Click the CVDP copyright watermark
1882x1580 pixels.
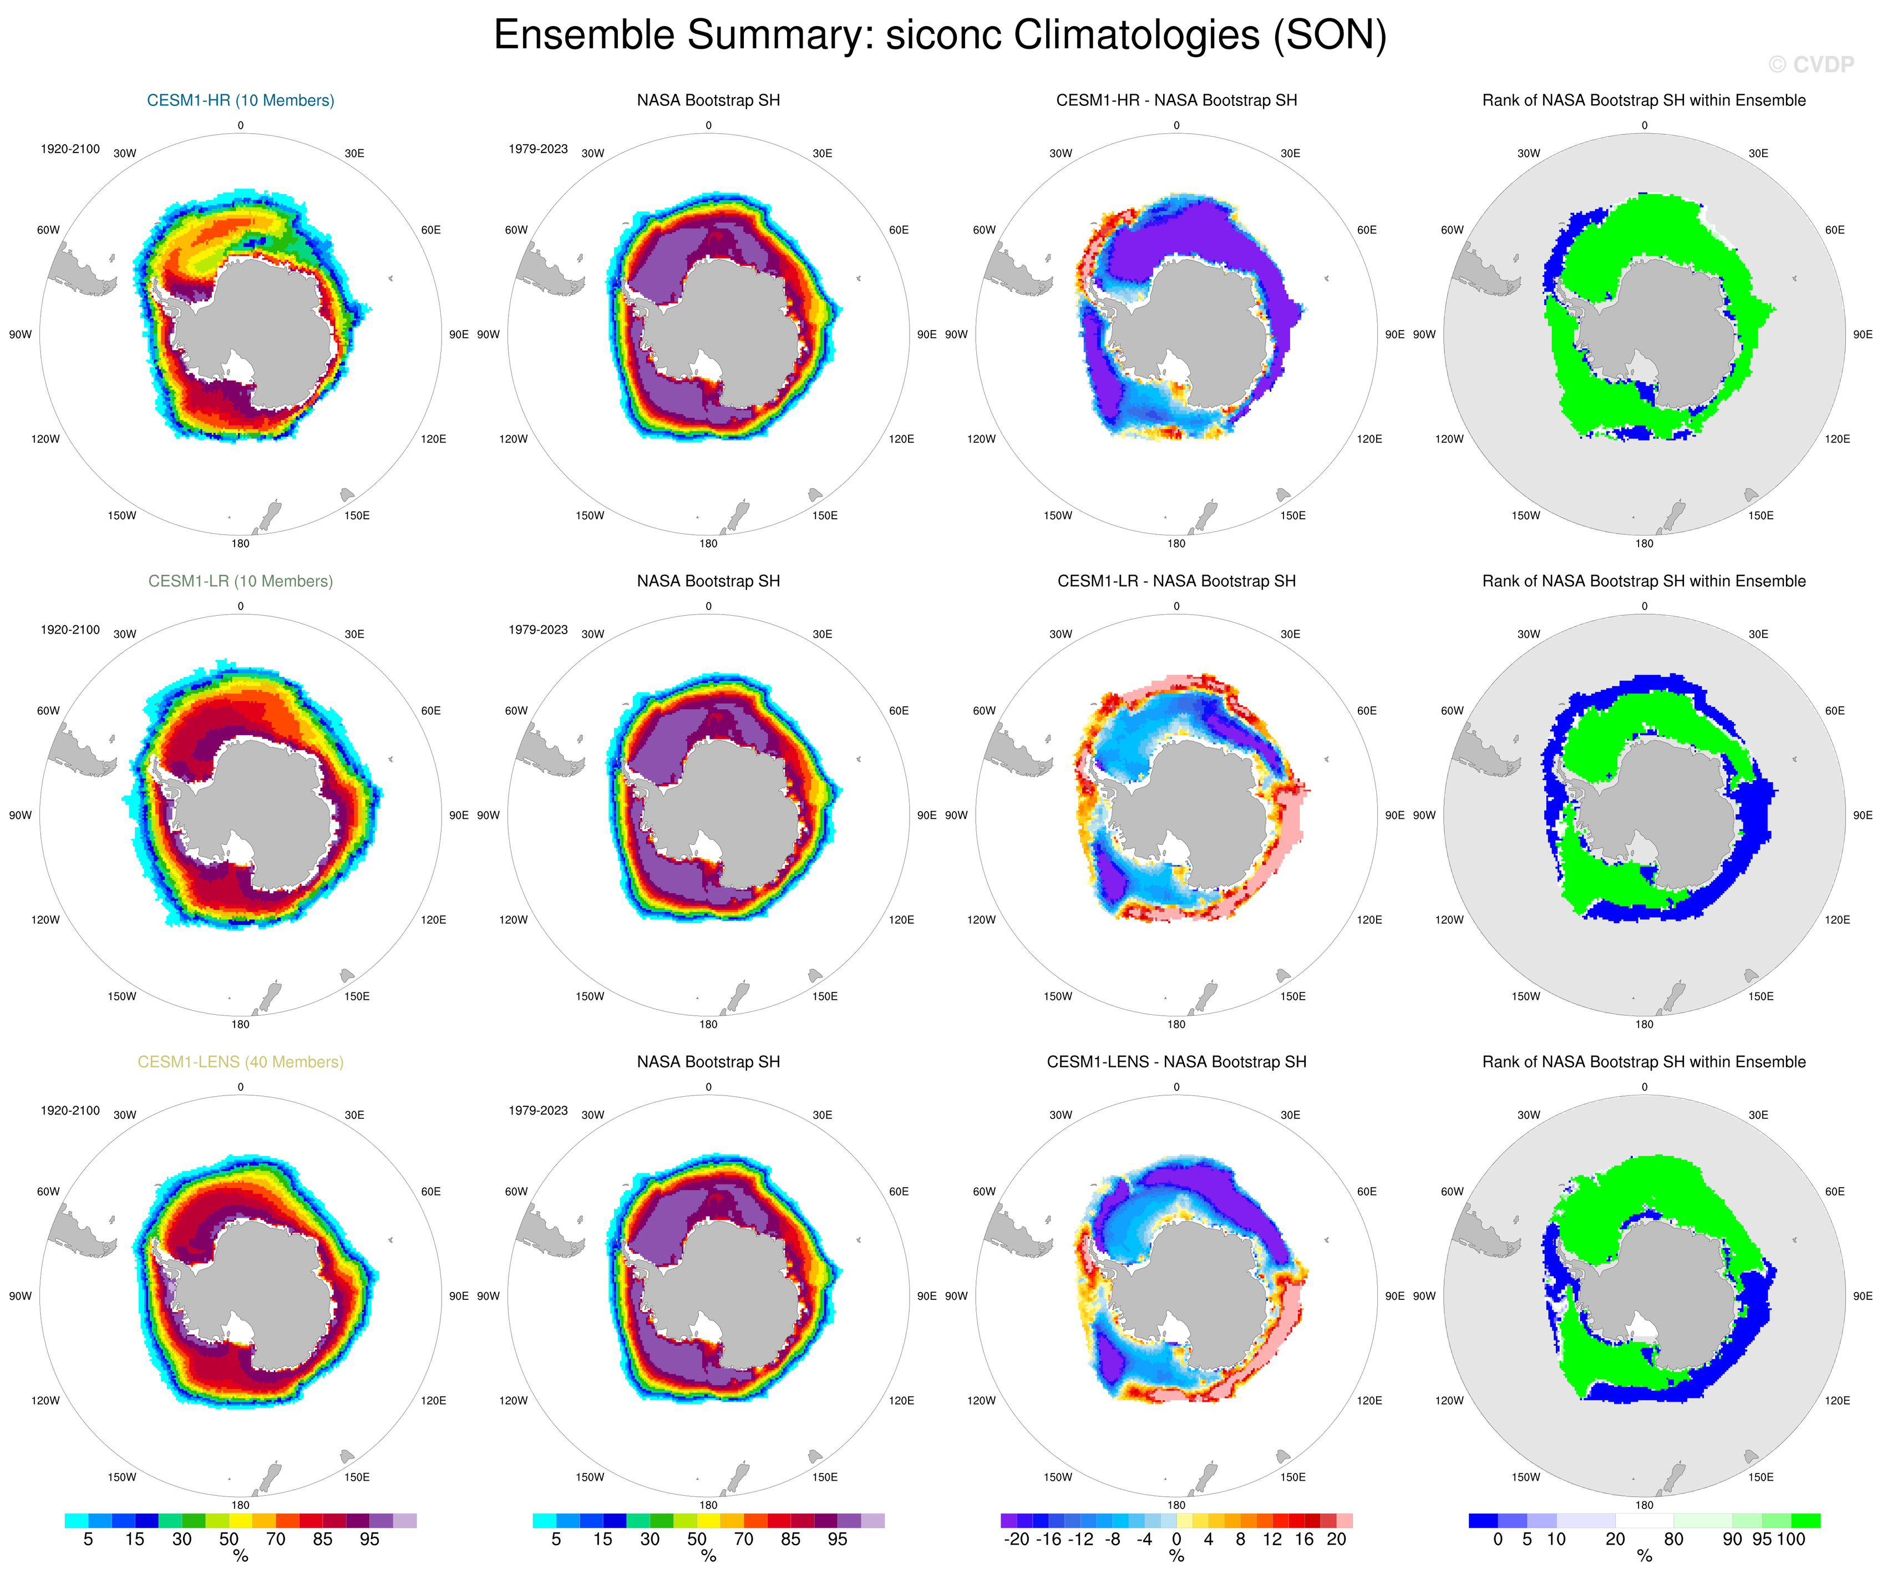[1810, 64]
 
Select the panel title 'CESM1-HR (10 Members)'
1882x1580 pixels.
[240, 100]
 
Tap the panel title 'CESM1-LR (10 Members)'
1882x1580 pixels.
[240, 581]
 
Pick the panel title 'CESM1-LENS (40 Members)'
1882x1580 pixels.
[240, 1062]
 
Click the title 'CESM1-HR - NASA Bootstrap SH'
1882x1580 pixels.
[1176, 100]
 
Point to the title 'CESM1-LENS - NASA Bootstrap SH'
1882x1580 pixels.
[1176, 1062]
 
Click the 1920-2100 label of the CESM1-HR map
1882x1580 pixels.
[70, 149]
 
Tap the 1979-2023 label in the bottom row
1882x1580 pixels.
[537, 1111]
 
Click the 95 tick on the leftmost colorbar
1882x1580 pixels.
[369, 1540]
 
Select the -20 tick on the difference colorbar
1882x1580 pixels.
[1016, 1540]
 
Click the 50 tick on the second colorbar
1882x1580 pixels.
[696, 1540]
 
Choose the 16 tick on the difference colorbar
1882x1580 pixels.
[1304, 1540]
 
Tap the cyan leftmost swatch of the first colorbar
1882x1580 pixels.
[76, 1521]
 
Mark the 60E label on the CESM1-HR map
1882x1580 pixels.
[431, 230]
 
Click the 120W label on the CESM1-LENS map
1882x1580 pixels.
[45, 1401]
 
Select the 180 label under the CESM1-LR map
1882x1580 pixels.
[240, 1024]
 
